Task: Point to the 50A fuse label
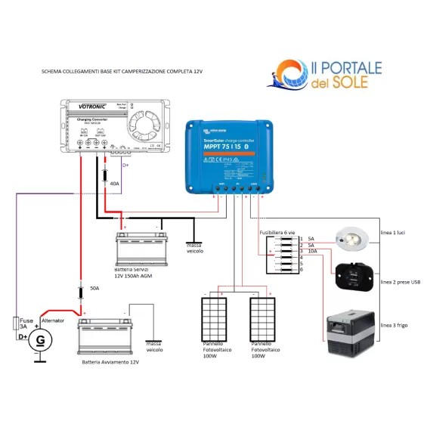[94, 289]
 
